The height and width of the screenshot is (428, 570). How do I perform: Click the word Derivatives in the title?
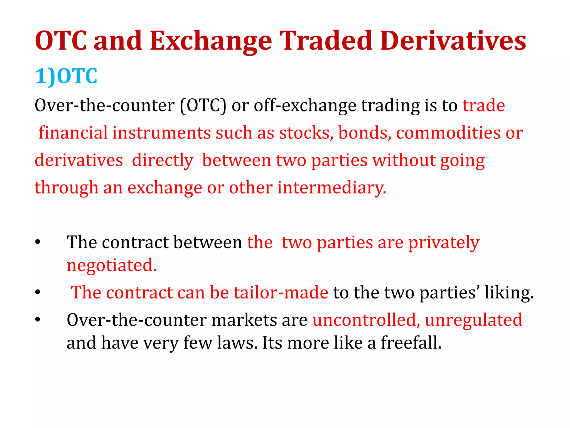pyautogui.click(x=453, y=41)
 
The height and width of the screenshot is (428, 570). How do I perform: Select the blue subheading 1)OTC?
pyautogui.click(x=66, y=76)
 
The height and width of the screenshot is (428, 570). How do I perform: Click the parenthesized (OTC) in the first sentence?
pyautogui.click(x=203, y=106)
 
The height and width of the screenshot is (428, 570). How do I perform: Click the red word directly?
pyautogui.click(x=163, y=161)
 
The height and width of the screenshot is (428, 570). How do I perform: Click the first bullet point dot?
pyautogui.click(x=38, y=242)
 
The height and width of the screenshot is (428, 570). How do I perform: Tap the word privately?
pyautogui.click(x=444, y=243)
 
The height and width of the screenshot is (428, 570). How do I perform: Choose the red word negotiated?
pyautogui.click(x=112, y=265)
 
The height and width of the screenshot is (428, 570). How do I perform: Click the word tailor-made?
pyautogui.click(x=281, y=293)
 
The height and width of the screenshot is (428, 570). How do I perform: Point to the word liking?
pyautogui.click(x=509, y=293)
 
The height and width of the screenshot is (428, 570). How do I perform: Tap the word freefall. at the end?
pyautogui.click(x=411, y=343)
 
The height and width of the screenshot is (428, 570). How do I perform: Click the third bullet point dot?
pyautogui.click(x=38, y=320)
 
